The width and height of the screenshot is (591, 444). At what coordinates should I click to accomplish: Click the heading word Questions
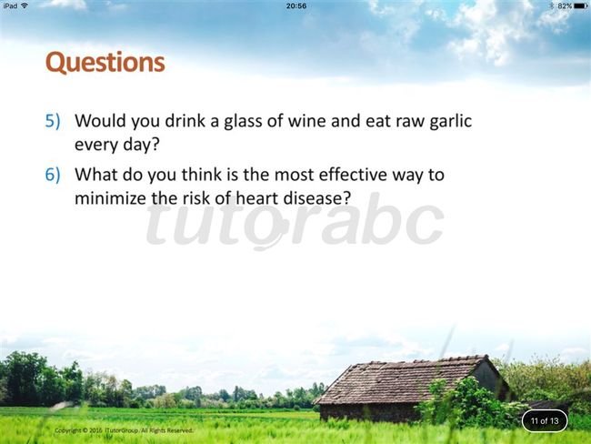point(105,63)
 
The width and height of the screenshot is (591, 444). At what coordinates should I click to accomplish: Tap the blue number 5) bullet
point(53,121)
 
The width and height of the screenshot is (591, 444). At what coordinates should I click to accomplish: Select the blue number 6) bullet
point(53,175)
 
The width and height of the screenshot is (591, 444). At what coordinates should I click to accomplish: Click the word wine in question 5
point(307,121)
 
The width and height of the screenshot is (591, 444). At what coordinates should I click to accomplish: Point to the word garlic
point(450,122)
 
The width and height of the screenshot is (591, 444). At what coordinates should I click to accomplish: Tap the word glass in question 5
point(246,122)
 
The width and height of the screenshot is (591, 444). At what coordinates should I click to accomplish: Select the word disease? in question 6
point(317,197)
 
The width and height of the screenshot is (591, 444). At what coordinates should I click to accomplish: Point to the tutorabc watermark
point(295,221)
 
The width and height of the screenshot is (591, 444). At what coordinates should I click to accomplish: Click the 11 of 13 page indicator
point(545,420)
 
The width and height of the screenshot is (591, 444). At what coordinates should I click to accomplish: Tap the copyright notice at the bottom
point(124,430)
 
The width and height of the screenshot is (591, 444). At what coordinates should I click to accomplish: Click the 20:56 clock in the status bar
point(296,6)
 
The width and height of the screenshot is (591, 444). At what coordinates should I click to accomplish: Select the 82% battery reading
point(565,6)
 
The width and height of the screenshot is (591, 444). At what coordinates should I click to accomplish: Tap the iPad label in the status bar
point(10,5)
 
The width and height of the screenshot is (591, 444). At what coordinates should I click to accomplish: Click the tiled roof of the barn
point(399,379)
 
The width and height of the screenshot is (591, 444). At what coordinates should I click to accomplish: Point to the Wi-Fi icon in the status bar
point(25,5)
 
